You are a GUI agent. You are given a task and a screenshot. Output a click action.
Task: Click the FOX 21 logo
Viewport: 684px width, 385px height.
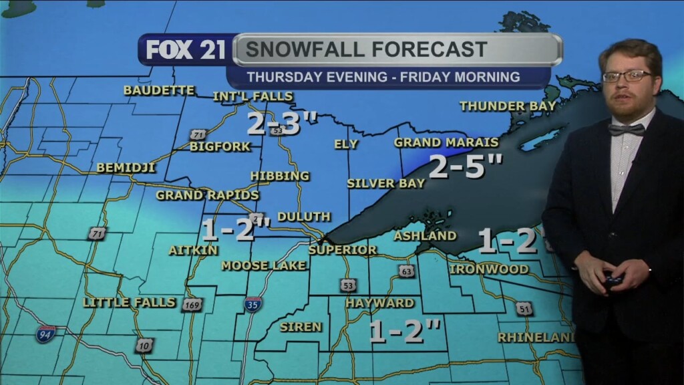tap(186, 50)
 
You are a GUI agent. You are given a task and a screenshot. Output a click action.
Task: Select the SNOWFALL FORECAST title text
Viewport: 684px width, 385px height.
tap(365, 49)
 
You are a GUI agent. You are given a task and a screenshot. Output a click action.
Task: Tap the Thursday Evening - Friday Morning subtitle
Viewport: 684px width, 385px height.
tap(383, 77)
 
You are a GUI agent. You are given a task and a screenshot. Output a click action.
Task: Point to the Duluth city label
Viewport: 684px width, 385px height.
tap(304, 217)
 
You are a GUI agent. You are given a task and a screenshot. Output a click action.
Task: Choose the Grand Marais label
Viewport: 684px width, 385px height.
tap(446, 142)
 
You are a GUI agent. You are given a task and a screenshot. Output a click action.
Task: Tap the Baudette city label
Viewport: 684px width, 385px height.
tap(159, 90)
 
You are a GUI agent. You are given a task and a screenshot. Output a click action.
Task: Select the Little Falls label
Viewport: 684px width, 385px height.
tap(130, 303)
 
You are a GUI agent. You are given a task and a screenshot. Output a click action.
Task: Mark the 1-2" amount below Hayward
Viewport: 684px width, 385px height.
tap(405, 331)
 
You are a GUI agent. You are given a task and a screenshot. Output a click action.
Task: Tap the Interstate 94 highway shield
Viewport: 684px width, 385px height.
tap(45, 334)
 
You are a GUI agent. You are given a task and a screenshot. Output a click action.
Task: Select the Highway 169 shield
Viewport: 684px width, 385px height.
tap(192, 305)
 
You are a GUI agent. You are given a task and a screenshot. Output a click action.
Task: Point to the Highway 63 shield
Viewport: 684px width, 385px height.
tap(407, 271)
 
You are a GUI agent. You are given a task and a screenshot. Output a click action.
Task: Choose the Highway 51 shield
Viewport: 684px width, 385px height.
tap(524, 309)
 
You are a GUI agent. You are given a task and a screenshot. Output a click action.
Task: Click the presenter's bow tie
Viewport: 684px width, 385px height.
tap(626, 129)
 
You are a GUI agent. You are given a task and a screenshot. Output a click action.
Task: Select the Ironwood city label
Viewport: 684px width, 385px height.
tap(489, 269)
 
